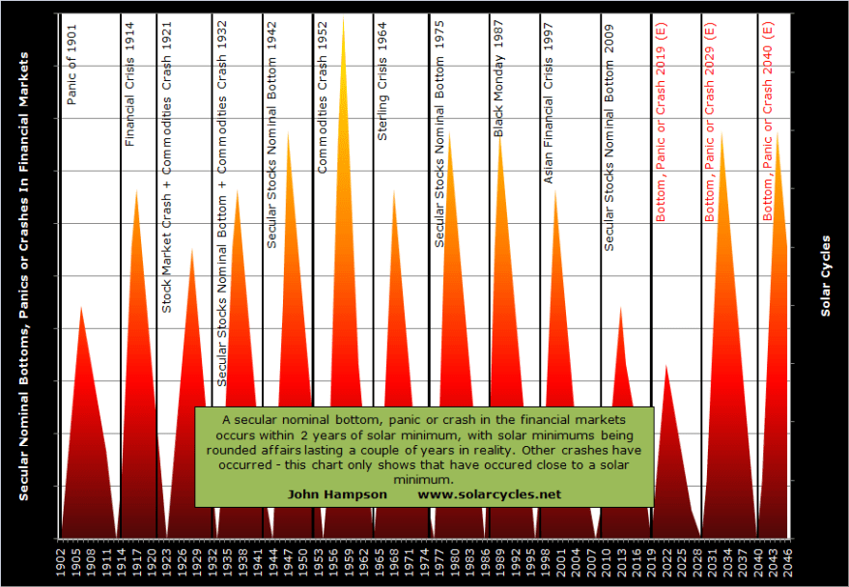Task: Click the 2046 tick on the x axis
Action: pyautogui.click(x=788, y=559)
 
